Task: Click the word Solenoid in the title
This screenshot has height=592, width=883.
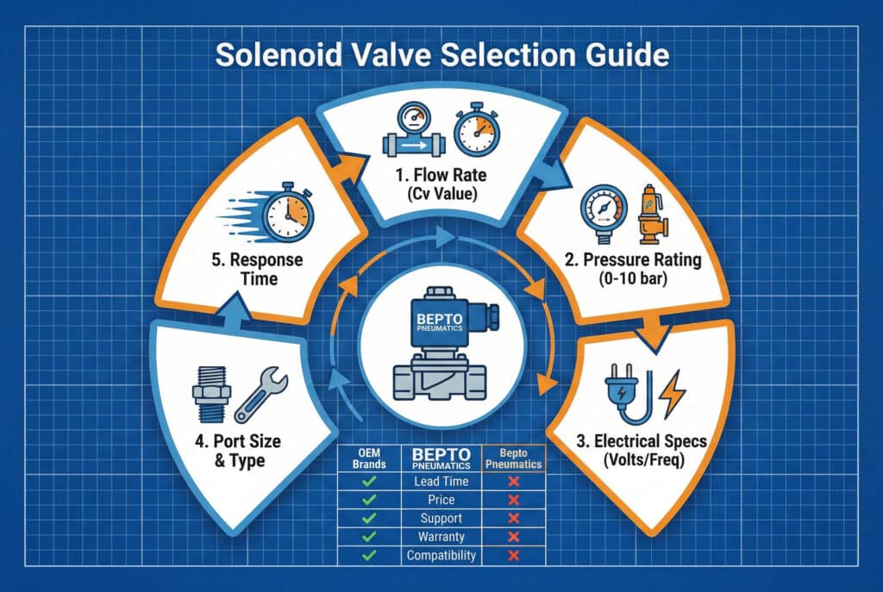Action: coord(279,55)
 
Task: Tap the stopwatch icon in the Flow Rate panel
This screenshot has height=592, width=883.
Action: coord(477,129)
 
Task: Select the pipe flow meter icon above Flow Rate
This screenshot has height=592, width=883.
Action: coord(414,129)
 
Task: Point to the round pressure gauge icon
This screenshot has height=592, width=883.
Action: coord(604,212)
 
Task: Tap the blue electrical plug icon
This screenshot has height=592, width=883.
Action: coord(628,393)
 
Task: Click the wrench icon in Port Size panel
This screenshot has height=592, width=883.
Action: coord(260,395)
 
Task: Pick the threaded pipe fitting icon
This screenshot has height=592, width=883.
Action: coord(211,394)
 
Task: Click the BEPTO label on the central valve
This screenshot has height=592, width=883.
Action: coord(439,319)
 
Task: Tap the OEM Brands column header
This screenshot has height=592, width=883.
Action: coord(369,458)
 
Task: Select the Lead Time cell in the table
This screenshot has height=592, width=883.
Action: coord(441,481)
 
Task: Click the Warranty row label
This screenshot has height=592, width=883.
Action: coord(441,536)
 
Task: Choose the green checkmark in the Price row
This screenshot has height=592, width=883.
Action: coord(369,499)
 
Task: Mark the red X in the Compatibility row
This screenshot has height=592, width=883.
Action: coord(513,556)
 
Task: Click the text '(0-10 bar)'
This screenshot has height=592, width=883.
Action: coord(633,278)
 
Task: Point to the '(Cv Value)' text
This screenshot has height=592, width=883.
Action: coord(441,194)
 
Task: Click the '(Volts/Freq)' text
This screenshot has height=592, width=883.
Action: coord(643,460)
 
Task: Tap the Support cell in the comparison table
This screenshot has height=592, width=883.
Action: coord(441,518)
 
